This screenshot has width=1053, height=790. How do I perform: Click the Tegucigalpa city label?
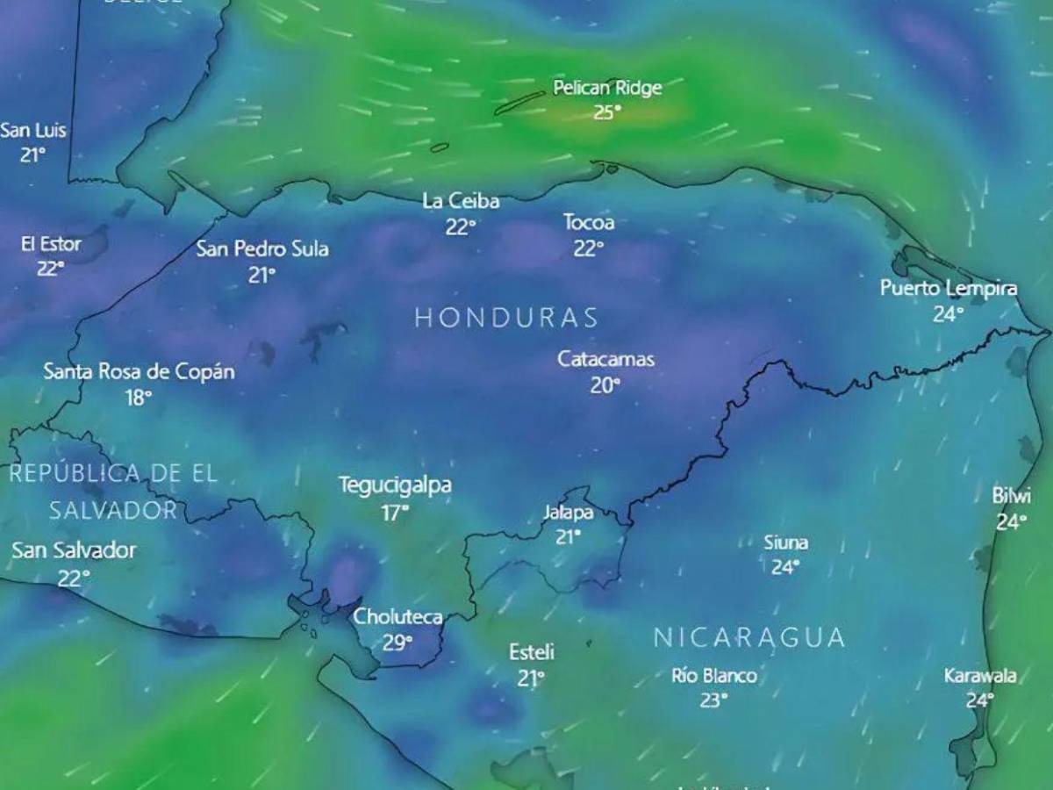[x=395, y=485]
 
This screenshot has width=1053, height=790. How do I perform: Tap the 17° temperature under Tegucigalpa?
[x=395, y=513]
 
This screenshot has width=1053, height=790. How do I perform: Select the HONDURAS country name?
[x=506, y=318]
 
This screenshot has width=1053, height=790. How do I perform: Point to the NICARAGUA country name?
[x=749, y=637]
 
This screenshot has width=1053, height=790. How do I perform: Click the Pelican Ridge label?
[x=607, y=88]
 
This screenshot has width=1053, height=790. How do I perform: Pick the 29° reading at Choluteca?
[x=397, y=643]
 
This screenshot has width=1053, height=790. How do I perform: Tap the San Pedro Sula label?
[x=262, y=249]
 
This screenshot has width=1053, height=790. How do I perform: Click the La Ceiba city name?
[x=461, y=202]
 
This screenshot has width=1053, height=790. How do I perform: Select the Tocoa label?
[x=589, y=223]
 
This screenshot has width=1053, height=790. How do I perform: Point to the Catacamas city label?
[x=605, y=359]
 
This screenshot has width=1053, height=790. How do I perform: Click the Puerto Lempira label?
[x=949, y=289]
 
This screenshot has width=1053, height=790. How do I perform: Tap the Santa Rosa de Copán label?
[x=140, y=371]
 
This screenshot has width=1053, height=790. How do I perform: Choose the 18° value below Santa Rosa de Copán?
[x=138, y=398]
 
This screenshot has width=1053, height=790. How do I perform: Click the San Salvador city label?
[x=74, y=550]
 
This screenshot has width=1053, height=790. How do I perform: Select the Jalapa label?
[x=568, y=513]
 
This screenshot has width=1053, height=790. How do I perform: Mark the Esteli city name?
[x=531, y=652]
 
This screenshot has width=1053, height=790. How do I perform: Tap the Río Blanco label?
[x=713, y=676]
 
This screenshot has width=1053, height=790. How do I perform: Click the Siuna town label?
[x=785, y=542]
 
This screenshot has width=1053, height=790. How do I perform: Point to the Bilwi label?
[x=1012, y=496]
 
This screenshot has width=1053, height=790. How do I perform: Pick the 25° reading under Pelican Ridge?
[x=605, y=112]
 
